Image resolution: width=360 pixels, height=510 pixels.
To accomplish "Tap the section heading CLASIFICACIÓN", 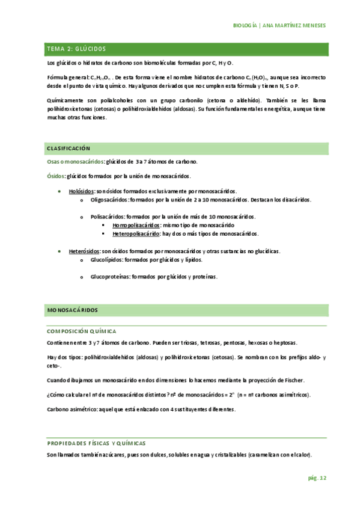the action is point(68,147).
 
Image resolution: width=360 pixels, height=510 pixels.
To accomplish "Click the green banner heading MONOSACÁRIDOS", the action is point(72,310).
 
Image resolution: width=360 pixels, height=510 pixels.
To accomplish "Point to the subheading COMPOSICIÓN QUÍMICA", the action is point(81,331).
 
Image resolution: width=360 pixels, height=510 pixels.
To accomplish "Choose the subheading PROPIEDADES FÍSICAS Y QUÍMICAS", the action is point(96,443).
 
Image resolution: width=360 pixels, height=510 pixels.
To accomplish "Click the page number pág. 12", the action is point(317,478).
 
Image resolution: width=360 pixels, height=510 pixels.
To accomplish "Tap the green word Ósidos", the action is point(56,176).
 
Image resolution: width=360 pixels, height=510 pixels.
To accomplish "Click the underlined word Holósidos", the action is point(81,191).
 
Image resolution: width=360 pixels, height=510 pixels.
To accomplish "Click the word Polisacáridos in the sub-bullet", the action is point(108,215).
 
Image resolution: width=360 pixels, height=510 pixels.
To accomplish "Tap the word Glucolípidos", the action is point(106,260).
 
